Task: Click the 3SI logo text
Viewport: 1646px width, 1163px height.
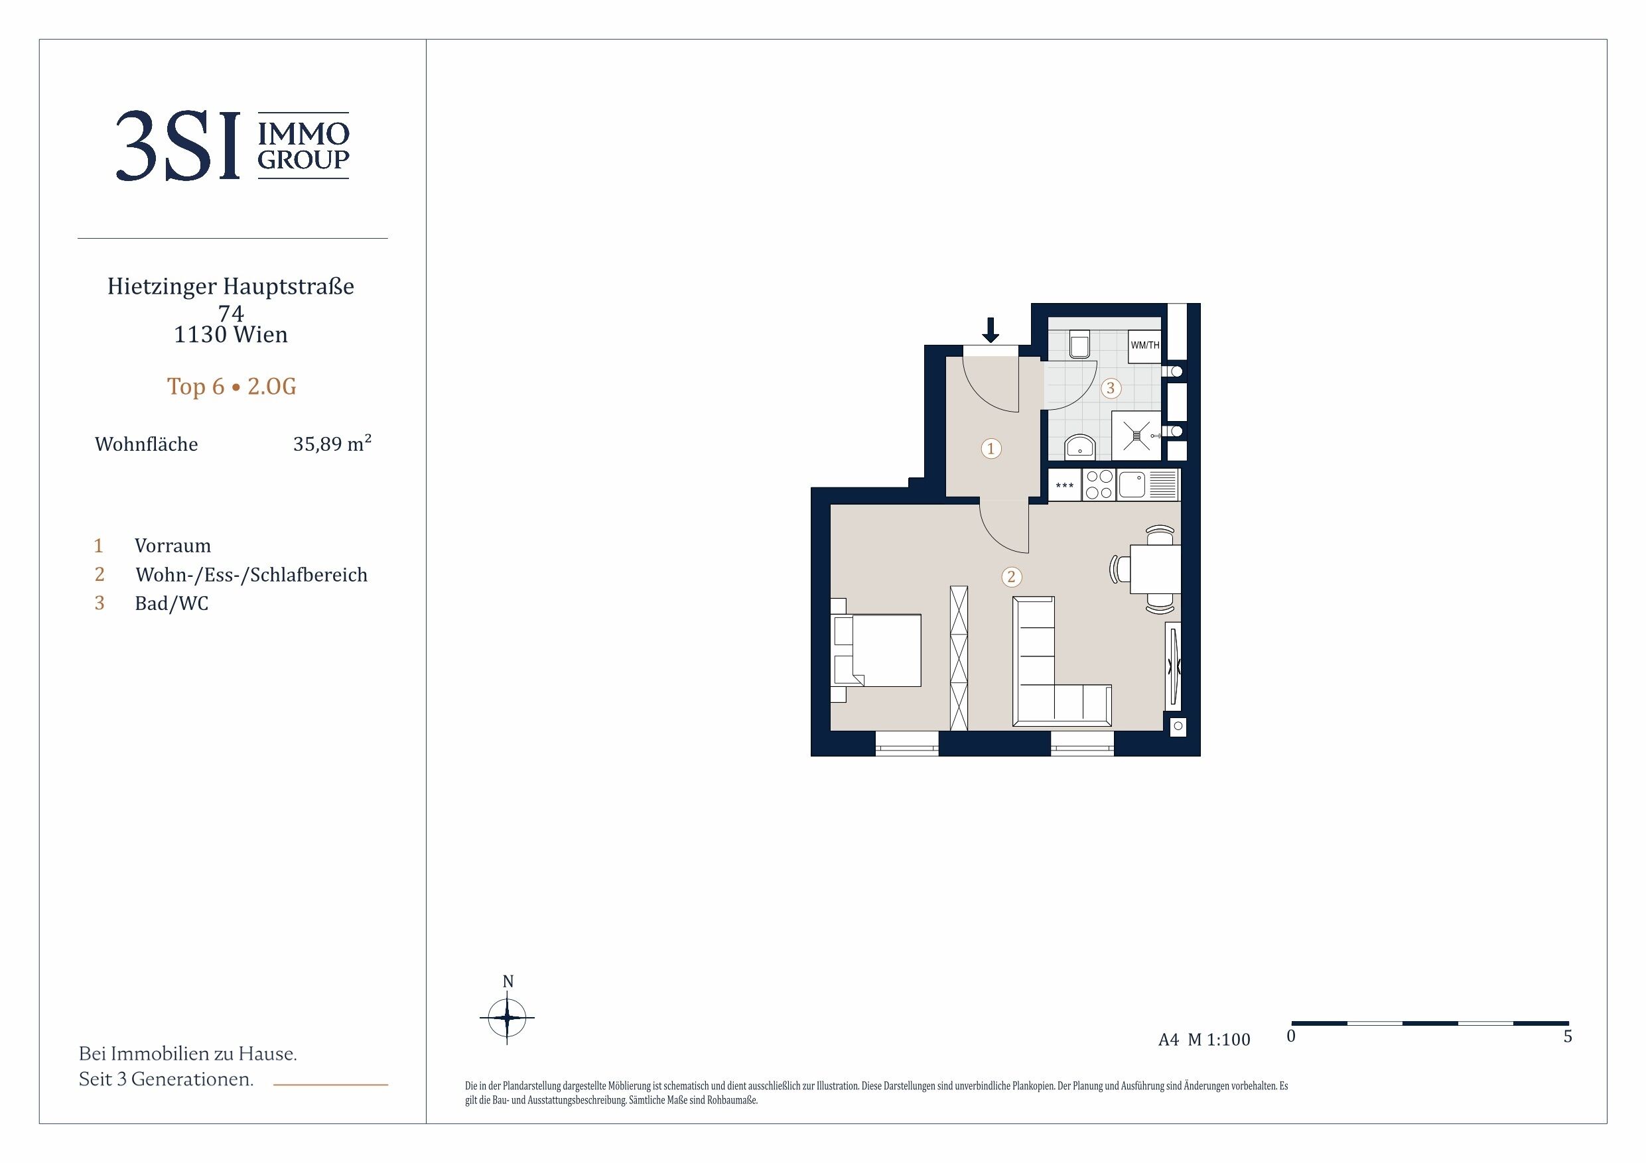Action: (x=177, y=146)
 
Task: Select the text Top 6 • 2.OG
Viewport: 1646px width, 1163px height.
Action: (x=232, y=387)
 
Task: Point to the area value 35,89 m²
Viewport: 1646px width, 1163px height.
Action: (x=332, y=444)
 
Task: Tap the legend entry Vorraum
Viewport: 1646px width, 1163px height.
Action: (x=172, y=546)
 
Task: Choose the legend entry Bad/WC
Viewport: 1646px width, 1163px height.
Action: (x=171, y=603)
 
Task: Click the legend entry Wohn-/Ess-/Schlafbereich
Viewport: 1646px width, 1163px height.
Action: (x=251, y=575)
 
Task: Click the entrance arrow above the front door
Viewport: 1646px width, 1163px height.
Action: (x=990, y=330)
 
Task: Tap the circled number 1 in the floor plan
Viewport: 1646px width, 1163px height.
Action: (x=991, y=449)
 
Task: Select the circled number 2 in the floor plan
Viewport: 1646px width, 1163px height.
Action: (x=1012, y=577)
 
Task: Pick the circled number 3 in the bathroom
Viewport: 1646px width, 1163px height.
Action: (x=1111, y=389)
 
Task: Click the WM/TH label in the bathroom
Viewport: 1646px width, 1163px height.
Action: (x=1145, y=345)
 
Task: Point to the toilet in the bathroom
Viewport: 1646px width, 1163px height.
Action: (x=1079, y=344)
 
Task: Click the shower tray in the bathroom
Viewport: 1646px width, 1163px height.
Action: (x=1136, y=435)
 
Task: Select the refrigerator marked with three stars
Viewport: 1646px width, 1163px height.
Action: (x=1065, y=485)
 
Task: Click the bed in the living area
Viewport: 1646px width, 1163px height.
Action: (x=876, y=650)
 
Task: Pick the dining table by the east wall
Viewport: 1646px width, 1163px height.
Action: (x=1155, y=569)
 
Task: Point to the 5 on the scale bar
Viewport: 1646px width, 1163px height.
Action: (x=1568, y=1037)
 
